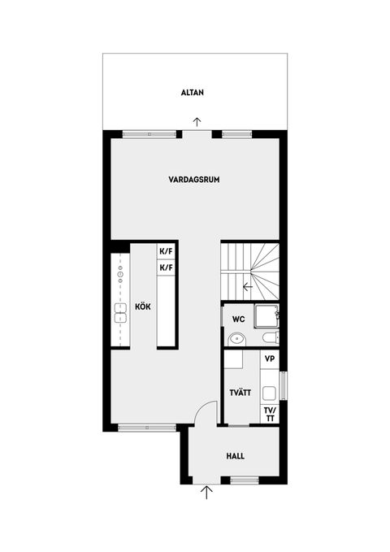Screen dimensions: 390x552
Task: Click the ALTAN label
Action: tap(193, 93)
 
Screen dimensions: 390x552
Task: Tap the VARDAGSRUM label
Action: tap(194, 180)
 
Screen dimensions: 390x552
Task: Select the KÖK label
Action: tap(143, 306)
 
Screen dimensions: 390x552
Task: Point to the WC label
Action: tap(238, 319)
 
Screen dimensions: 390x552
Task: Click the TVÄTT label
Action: tap(240, 393)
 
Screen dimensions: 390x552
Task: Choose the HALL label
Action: tap(235, 456)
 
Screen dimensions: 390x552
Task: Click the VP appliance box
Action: tap(270, 359)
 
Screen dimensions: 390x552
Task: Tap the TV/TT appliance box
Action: tap(270, 415)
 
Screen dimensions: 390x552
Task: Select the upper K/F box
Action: tap(166, 252)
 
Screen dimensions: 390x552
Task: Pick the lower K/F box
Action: tap(166, 268)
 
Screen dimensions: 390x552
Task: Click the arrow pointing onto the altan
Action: tap(197, 122)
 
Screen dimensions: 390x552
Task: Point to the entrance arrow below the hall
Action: tap(206, 493)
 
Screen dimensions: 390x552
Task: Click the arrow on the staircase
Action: tap(248, 287)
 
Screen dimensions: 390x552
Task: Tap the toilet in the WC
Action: tap(271, 338)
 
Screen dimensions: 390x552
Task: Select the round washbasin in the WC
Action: tap(236, 340)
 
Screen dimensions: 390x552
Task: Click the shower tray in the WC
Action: tap(266, 316)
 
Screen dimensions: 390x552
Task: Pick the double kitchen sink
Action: tap(120, 313)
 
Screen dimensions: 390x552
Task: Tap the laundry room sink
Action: tap(269, 393)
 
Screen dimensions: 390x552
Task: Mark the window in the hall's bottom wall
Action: tap(245, 480)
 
